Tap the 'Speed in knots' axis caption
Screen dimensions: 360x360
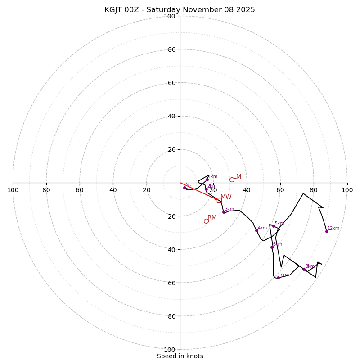point(180,356)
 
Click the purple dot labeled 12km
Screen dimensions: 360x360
point(327,231)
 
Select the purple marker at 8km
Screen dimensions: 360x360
point(304,269)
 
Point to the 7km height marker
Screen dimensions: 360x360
point(278,278)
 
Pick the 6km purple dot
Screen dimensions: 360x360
point(272,247)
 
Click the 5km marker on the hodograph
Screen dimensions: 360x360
point(274,226)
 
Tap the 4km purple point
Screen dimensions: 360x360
point(256,230)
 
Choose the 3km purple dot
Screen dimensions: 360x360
point(224,212)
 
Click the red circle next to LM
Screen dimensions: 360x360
point(232,180)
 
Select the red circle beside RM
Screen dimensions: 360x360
point(206,221)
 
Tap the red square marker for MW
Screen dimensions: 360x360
point(219,200)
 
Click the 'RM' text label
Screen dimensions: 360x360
point(212,218)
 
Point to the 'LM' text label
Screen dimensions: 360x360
point(237,177)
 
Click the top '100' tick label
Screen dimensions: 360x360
point(169,16)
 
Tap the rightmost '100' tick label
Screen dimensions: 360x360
point(347,190)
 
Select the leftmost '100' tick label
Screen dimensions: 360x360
point(13,190)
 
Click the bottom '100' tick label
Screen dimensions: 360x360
point(169,349)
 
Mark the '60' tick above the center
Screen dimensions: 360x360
point(171,83)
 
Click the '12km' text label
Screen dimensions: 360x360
point(333,229)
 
